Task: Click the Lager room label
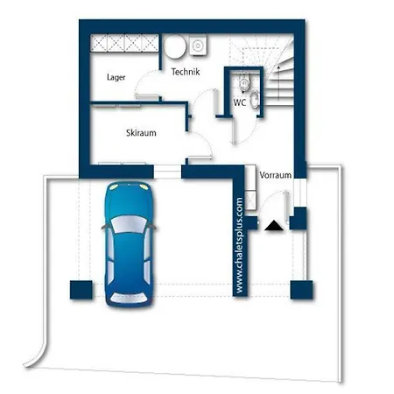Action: (116, 77)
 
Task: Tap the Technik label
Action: (186, 72)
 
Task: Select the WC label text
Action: (240, 102)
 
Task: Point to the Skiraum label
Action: (141, 133)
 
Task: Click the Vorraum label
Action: (276, 175)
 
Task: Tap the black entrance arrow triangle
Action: (274, 226)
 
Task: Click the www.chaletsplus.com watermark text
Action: (239, 245)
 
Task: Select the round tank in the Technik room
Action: (174, 46)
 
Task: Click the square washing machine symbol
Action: (198, 46)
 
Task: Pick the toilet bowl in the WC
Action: (244, 82)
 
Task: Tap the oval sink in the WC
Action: (255, 99)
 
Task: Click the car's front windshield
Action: (129, 224)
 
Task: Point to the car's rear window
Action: (129, 298)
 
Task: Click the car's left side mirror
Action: (104, 227)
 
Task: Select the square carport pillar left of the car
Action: (81, 290)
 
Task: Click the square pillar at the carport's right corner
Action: (301, 290)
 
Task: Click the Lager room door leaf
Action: (147, 96)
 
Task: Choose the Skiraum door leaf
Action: (200, 158)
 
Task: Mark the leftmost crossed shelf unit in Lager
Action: (99, 43)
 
